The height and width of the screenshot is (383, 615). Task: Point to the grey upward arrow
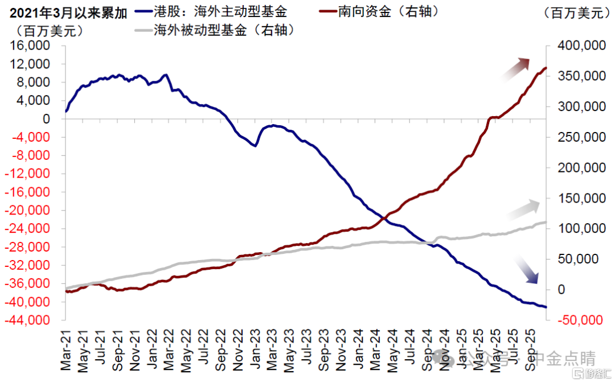click(x=524, y=209)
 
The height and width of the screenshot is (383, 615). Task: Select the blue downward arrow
click(x=526, y=270)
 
